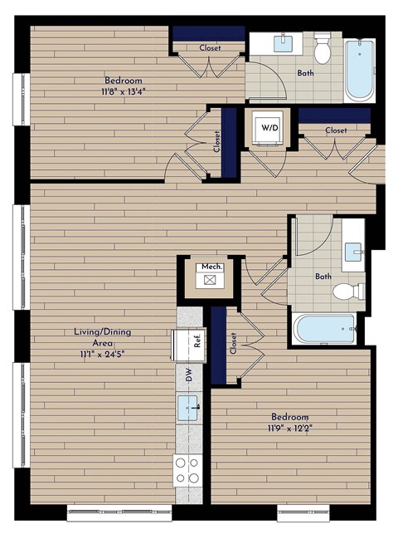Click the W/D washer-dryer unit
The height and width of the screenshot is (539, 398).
pos(269,129)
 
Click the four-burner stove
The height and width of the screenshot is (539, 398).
pos(187,471)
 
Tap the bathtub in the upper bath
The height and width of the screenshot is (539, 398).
pos(359,71)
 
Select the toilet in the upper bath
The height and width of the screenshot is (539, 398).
pos(323,49)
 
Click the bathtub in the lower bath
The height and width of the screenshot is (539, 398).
pos(325,329)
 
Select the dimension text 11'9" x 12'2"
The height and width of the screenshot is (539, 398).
pos(289,429)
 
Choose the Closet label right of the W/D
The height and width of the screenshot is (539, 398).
pos(336,130)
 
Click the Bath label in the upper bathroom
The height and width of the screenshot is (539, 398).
pos(306,73)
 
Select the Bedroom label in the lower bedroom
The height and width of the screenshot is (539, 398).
pos(289,416)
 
